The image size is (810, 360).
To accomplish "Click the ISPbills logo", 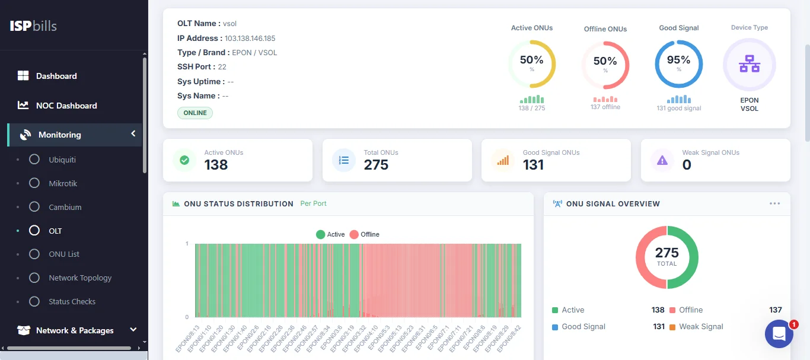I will [x=33, y=26].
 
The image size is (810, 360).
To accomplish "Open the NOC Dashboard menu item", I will [x=66, y=106].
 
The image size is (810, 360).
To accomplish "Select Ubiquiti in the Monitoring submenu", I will [x=62, y=160].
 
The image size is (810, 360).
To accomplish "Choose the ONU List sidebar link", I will [x=63, y=254].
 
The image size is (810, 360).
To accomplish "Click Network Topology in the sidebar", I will [x=79, y=278].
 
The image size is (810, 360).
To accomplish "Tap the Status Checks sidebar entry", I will [x=72, y=301].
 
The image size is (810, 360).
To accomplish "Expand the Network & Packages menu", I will [x=75, y=330].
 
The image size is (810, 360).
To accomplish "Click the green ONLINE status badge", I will [x=195, y=113].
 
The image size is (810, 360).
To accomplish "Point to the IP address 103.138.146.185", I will [x=250, y=39].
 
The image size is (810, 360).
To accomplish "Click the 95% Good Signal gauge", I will [x=678, y=64].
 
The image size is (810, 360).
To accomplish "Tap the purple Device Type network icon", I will [x=749, y=64].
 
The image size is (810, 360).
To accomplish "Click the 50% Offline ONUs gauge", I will [x=605, y=65].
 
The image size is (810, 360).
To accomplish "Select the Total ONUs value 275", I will [x=376, y=165].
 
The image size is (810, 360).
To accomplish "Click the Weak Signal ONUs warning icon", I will [x=662, y=160].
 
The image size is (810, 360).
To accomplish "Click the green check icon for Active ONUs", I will [x=184, y=160].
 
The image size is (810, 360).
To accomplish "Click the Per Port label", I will [x=313, y=203].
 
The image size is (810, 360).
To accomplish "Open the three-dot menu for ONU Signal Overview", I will [x=774, y=203].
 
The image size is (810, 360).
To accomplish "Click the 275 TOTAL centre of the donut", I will [x=667, y=257].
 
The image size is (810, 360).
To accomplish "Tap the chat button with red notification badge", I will [x=779, y=334].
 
